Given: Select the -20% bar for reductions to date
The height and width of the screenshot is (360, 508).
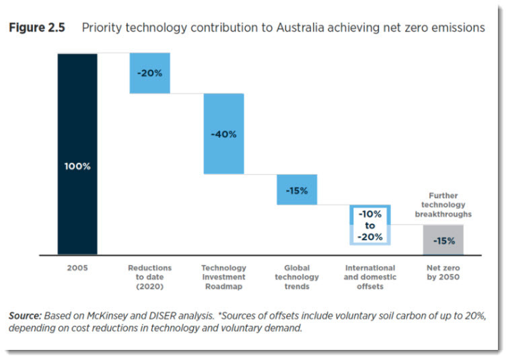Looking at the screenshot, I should [x=149, y=73].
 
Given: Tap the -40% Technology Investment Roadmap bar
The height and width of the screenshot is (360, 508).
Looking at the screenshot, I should [x=223, y=133].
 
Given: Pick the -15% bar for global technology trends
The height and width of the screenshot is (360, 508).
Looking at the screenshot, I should [x=297, y=190].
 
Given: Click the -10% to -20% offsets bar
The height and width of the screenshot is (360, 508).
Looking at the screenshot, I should [x=370, y=225].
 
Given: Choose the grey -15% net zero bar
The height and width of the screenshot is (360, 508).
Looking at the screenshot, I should [x=443, y=240].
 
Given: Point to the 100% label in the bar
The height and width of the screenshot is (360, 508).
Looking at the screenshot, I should [x=77, y=166].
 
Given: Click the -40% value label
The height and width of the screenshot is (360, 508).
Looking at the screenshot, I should [x=223, y=134].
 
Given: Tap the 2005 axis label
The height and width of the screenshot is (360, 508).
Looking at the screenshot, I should [x=77, y=268].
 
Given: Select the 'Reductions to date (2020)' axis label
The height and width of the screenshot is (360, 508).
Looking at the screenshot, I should [x=150, y=277].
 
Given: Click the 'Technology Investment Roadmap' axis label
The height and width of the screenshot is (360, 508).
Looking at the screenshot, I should [x=223, y=277].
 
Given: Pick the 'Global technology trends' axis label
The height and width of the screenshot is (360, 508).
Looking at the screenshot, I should [x=297, y=277].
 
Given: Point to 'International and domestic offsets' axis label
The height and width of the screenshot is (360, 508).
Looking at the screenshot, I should [x=370, y=277].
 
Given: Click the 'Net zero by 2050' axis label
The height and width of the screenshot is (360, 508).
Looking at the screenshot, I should [x=443, y=273].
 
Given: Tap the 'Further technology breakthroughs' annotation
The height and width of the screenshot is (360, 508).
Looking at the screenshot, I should [x=443, y=205].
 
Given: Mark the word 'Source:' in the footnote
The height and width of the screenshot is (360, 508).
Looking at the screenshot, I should [x=26, y=316].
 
